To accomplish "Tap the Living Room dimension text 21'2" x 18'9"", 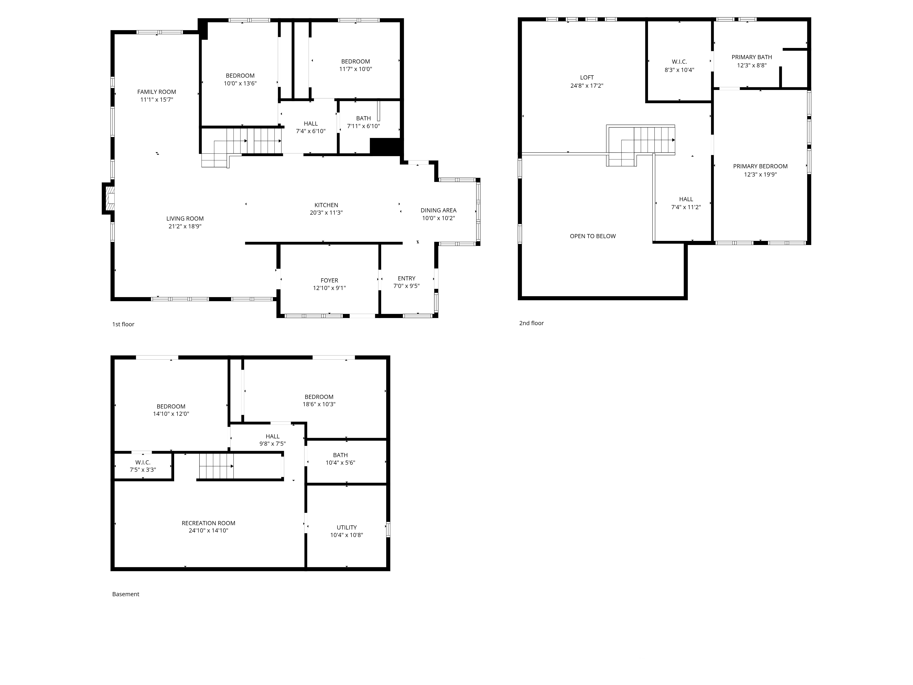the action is [x=185, y=226].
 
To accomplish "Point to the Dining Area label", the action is [x=438, y=210].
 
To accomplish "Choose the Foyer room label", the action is [x=329, y=280].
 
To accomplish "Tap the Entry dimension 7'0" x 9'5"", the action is [x=407, y=286].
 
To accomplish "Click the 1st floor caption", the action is [x=123, y=324].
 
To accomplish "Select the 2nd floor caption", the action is [x=531, y=323].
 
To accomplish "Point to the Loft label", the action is [x=587, y=77].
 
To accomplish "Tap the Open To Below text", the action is [x=593, y=236].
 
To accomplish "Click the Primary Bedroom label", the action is [x=760, y=166].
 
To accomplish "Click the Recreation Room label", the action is [x=208, y=523].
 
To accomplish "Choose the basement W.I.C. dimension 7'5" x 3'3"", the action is [x=143, y=470].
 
